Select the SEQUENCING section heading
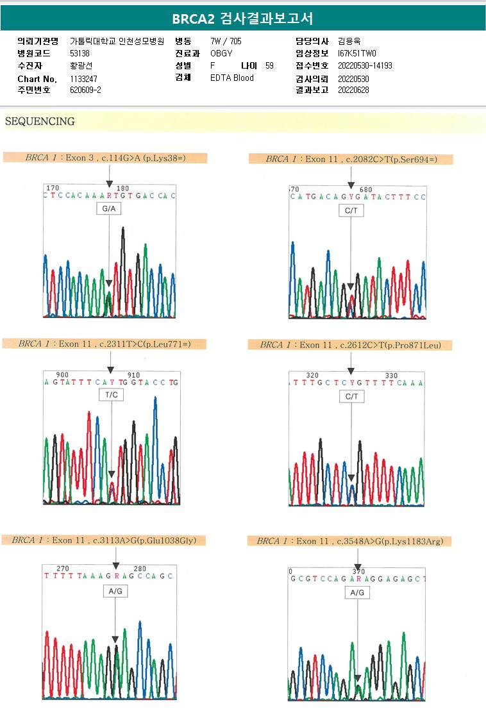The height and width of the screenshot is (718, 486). click(40, 121)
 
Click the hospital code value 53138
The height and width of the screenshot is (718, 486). click(80, 53)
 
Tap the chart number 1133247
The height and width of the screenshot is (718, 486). click(83, 79)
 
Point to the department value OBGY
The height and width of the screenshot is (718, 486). click(221, 53)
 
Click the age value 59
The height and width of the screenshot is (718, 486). click(269, 65)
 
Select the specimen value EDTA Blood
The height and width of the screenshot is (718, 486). click(232, 78)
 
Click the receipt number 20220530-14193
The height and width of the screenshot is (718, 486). click(365, 65)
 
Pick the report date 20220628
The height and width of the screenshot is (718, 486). click(353, 90)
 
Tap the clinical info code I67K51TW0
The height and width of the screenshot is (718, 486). click(356, 53)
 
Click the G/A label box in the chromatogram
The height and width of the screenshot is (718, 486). click(109, 209)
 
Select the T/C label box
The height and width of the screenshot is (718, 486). click(112, 395)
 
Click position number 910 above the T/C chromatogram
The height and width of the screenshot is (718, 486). click(133, 375)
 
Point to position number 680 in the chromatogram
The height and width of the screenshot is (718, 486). click(366, 190)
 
